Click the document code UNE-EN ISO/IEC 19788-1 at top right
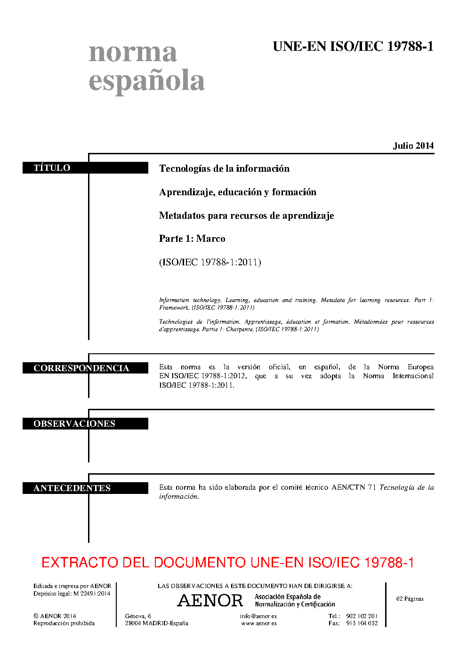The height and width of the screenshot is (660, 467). click(x=353, y=47)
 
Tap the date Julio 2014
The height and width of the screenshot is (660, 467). click(x=413, y=146)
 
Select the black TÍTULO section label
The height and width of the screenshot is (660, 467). click(x=52, y=168)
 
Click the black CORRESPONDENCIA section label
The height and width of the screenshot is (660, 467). click(x=81, y=368)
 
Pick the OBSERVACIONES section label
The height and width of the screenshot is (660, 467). click(x=74, y=424)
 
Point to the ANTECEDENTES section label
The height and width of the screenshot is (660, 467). click(x=72, y=488)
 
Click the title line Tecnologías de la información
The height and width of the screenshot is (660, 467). click(x=224, y=168)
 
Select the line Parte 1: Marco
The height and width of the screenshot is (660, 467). click(x=192, y=239)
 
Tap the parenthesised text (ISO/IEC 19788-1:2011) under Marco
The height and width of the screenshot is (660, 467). click(x=210, y=262)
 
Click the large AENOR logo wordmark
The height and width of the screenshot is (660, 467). click(x=210, y=601)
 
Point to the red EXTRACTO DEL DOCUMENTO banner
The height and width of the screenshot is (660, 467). click(x=228, y=563)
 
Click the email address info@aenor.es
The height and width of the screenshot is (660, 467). click(x=258, y=616)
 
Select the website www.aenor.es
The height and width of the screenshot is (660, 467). click(x=259, y=623)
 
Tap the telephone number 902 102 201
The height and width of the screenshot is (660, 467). click(x=362, y=616)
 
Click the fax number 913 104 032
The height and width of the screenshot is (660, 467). click(x=362, y=623)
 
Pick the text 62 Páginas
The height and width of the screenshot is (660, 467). click(x=410, y=599)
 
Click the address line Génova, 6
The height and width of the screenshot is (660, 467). click(x=138, y=616)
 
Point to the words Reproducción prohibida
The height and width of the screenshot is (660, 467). click(x=64, y=623)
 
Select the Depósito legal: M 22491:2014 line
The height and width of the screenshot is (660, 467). click(x=72, y=594)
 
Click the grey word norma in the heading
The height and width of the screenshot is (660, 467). click(x=133, y=52)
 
